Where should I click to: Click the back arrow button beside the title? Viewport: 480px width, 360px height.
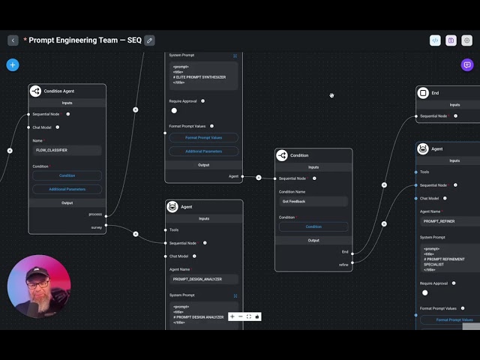coord(13,40)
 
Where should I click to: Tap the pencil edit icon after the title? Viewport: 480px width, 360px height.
coord(150,40)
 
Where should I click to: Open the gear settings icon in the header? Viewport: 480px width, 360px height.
coord(466,40)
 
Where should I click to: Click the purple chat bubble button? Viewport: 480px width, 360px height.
coord(466,64)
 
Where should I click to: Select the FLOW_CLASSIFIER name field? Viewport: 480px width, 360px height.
coord(66,150)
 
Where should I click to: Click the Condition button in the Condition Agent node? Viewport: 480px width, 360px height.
coord(67,175)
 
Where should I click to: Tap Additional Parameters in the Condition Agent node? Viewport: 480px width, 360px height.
coord(67,189)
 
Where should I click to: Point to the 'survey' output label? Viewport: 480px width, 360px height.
coord(97,226)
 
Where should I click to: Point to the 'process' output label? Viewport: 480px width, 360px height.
coord(95,214)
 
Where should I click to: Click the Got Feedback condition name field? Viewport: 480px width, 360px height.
coord(313,202)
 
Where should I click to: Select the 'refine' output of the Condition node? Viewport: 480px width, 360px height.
coord(343,264)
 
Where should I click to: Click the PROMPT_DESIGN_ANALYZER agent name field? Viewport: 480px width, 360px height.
coord(203,279)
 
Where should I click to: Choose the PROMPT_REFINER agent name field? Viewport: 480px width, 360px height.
coord(448,221)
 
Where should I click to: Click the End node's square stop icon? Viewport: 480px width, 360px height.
coord(423,93)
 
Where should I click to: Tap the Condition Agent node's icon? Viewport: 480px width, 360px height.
coord(35,91)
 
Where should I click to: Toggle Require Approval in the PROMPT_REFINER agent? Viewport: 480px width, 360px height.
coord(424,292)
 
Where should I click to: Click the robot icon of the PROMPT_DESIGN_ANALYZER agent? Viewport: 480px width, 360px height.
coord(172,206)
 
